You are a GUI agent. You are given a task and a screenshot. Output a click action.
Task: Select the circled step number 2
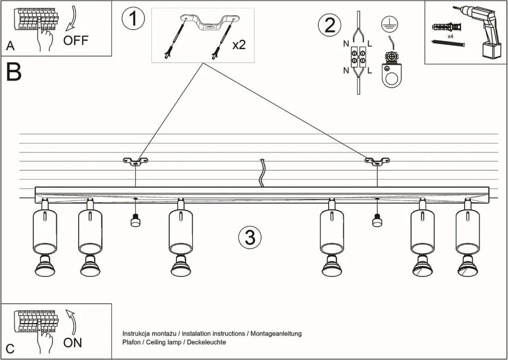tap(330, 25)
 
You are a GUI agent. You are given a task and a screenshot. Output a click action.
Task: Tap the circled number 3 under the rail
tap(250, 238)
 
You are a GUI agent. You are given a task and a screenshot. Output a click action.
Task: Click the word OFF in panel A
tap(76, 40)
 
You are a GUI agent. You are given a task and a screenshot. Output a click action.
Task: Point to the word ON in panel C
tap(73, 343)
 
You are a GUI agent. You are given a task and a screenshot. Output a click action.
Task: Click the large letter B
tap(13, 73)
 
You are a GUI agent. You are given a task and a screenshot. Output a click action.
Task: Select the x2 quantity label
tap(239, 44)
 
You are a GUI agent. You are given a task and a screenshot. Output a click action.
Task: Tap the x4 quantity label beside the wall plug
tap(450, 37)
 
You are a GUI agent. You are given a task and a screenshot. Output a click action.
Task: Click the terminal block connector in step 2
tap(359, 56)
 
